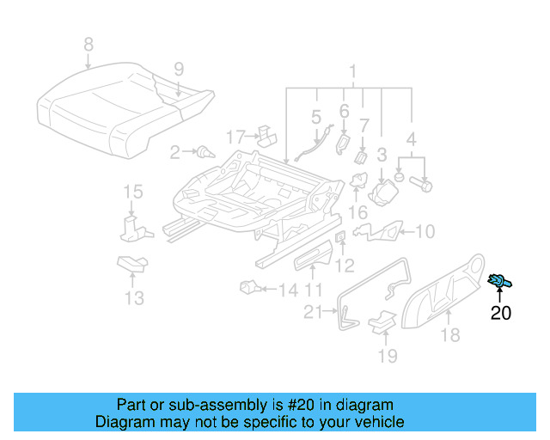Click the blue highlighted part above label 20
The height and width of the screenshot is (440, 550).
(x=498, y=280)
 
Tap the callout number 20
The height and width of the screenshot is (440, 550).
(x=500, y=314)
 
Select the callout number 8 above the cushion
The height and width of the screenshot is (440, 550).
(x=88, y=43)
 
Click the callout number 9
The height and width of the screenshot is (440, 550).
(x=178, y=69)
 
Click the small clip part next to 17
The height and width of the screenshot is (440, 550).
(x=266, y=134)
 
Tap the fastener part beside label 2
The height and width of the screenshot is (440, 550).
(x=205, y=153)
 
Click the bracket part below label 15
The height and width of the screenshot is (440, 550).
(x=131, y=226)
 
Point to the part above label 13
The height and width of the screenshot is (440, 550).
(x=131, y=264)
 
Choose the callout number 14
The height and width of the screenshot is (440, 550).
(x=288, y=290)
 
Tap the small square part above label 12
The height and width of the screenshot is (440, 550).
(x=339, y=236)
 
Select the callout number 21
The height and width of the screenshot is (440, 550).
(x=313, y=312)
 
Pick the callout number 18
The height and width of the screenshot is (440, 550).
(x=450, y=335)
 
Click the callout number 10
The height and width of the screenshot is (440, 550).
(x=425, y=230)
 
